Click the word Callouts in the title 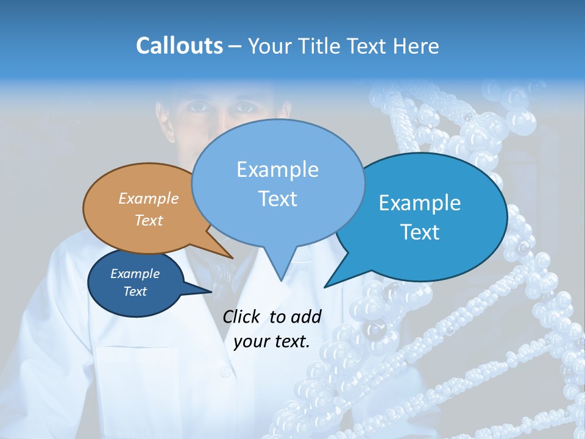pos(179,46)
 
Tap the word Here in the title pos(415,46)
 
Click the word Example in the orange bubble pos(149,198)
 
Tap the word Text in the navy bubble pos(135,291)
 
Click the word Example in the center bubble pos(278,170)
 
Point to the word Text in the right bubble pos(420,232)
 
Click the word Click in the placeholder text pos(243,316)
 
